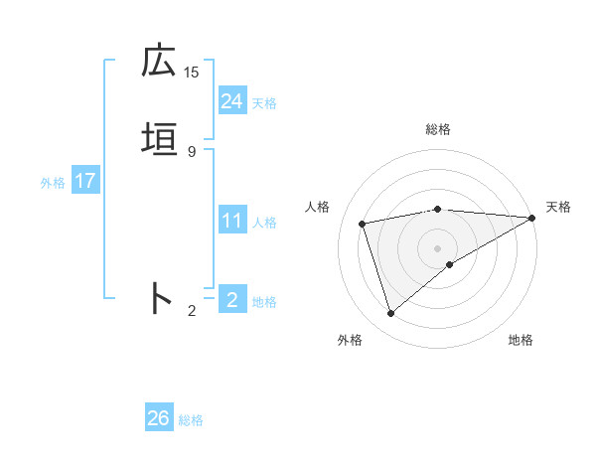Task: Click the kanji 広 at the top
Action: (159, 62)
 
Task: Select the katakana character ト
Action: (159, 298)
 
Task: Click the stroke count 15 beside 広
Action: (192, 72)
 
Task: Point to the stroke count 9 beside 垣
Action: (192, 151)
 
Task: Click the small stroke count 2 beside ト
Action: (192, 311)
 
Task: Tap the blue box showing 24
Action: (231, 101)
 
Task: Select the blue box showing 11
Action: (231, 221)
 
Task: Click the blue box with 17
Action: (84, 181)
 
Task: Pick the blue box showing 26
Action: (158, 418)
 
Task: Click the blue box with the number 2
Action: (231, 299)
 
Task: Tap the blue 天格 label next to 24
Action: (264, 103)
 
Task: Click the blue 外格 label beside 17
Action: (53, 183)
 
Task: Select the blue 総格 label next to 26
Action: (191, 420)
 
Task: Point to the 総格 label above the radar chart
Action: (438, 130)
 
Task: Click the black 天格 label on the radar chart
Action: (558, 207)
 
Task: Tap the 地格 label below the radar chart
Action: (521, 340)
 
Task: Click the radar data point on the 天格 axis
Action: (533, 218)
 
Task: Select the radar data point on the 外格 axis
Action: (390, 314)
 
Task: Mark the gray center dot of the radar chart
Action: (437, 247)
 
